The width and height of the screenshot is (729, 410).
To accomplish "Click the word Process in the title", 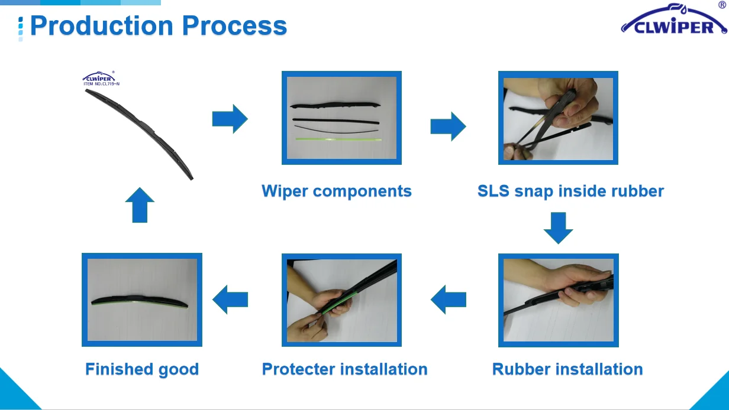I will coord(234,26).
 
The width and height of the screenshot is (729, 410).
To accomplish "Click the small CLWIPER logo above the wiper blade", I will coord(98,77).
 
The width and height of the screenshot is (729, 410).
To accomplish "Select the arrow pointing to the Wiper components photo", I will coord(230,119).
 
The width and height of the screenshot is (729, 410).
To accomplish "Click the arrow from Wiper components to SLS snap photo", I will coord(448,126).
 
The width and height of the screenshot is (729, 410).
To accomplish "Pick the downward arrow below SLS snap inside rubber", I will coord(558,227).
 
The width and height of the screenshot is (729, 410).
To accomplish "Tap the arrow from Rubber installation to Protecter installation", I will coord(448,300).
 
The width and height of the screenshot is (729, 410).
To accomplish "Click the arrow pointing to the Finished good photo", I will coord(230,300).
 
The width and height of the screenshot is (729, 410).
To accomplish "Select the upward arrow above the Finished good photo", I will coord(140,204).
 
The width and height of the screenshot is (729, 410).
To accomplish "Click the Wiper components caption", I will coord(337,191).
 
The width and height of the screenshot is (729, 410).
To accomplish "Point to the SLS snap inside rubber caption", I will coord(570,191).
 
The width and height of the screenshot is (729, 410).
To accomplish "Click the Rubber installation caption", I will coord(567,369).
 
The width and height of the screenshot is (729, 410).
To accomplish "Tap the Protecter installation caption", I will coord(344,369).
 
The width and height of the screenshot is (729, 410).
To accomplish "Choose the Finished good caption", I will coord(142,369).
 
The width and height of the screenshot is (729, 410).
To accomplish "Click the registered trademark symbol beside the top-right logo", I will coord(722,5).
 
